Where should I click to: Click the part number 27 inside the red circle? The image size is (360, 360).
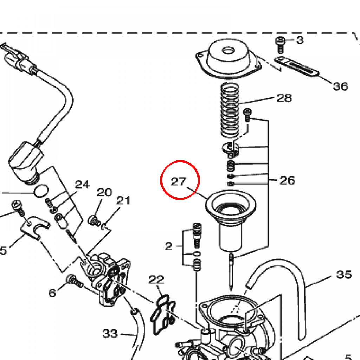pyautogui.click(x=178, y=181)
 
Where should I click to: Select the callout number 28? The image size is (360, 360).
pyautogui.click(x=284, y=98)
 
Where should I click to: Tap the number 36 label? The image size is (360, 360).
pyautogui.click(x=340, y=86)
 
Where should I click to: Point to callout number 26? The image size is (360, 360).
pyautogui.click(x=287, y=180)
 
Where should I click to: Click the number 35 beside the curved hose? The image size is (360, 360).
pyautogui.click(x=344, y=274)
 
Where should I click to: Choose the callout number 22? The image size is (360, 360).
pyautogui.click(x=156, y=279)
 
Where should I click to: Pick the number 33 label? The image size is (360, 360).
pyautogui.click(x=110, y=334)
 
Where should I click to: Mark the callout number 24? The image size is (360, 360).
pyautogui.click(x=82, y=184)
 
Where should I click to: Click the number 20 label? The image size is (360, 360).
pyautogui.click(x=104, y=192)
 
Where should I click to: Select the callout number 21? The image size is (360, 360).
pyautogui.click(x=123, y=200)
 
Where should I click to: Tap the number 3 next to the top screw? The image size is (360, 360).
pyautogui.click(x=300, y=40)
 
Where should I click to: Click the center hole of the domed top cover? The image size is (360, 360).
pyautogui.click(x=227, y=50)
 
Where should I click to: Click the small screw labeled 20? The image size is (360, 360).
pyautogui.click(x=94, y=220)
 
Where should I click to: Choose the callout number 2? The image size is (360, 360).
pyautogui.click(x=168, y=246)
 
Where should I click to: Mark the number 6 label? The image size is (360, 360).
pyautogui.click(x=52, y=293)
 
